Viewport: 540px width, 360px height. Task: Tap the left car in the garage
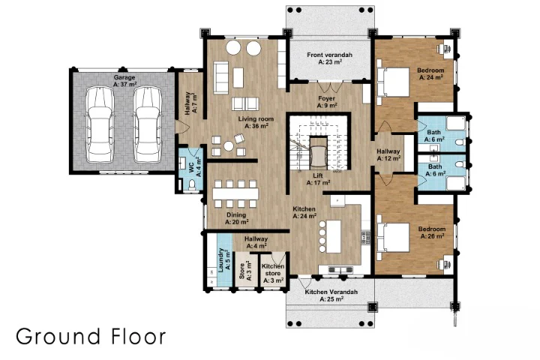coord(100,124)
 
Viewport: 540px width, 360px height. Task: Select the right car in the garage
coord(148,124)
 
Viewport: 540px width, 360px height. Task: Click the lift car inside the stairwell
coord(318,154)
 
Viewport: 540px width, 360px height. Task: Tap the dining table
coord(235,193)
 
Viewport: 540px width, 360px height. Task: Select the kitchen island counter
coord(333,236)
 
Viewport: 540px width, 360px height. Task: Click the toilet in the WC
coord(191,185)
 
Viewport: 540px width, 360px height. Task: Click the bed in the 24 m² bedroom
coord(393,82)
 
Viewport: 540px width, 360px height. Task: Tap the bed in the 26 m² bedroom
coord(393,238)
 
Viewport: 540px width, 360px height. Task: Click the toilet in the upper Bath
coord(460,142)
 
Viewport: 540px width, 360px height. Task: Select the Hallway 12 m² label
coord(388,154)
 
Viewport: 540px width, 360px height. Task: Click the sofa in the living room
coord(220,77)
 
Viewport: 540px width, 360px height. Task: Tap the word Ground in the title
coord(58,336)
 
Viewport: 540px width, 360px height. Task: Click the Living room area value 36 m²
coord(256,126)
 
